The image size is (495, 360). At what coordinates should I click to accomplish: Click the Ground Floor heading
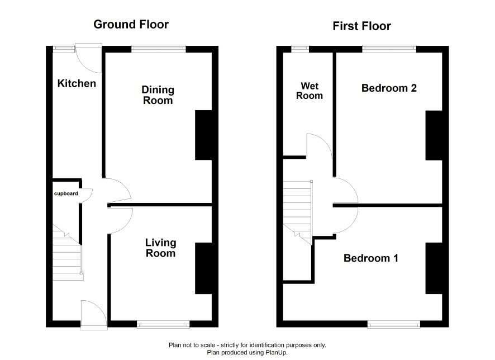click(131, 24)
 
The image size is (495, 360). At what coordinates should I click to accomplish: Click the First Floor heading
click(362, 26)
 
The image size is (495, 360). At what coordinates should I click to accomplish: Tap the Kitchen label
click(77, 83)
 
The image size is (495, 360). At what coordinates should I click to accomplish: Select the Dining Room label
click(158, 95)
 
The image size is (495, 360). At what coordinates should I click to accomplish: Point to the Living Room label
click(160, 248)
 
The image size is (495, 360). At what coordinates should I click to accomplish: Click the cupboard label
click(66, 193)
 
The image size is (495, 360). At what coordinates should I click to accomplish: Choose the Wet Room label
click(310, 91)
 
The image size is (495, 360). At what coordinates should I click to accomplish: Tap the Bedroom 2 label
click(389, 88)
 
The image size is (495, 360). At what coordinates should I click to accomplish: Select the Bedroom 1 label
click(370, 258)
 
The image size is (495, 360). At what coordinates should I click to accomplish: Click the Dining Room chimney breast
click(203, 135)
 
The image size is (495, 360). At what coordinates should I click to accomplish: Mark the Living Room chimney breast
click(203, 268)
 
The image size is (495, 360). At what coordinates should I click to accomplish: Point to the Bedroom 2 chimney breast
click(434, 135)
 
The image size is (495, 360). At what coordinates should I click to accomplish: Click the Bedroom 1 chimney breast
click(434, 268)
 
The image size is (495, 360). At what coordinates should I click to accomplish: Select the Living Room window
click(163, 324)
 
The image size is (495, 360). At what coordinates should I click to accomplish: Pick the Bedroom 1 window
click(394, 324)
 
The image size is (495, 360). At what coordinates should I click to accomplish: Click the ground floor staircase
click(67, 253)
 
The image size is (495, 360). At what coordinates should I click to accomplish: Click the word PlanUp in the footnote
click(277, 352)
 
